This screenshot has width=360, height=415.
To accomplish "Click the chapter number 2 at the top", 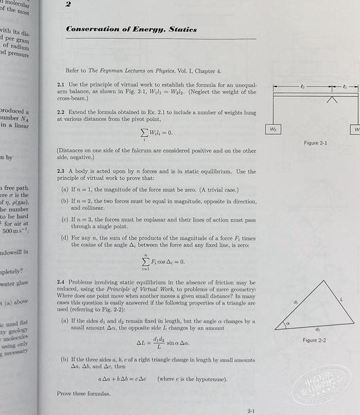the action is click(68, 6).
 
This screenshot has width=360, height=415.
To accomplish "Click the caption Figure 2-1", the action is click(315, 143).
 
